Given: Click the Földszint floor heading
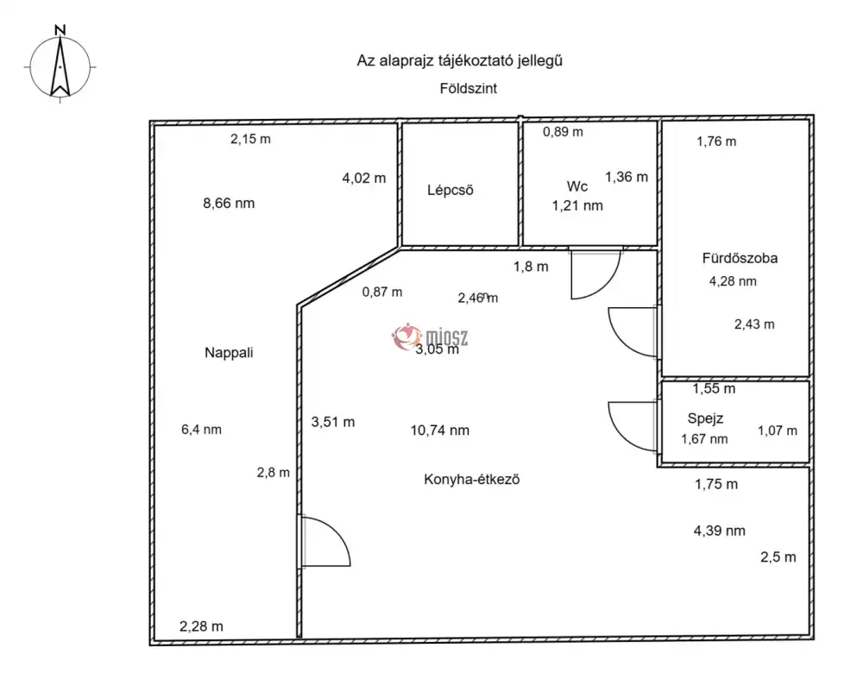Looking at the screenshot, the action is click(x=469, y=89).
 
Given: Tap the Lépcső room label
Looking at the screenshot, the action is click(x=450, y=191).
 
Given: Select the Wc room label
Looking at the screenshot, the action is click(x=576, y=186).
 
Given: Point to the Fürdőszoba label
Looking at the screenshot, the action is click(x=740, y=258).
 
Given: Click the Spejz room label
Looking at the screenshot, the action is click(x=705, y=418).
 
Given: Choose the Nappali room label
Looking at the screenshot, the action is click(x=229, y=353).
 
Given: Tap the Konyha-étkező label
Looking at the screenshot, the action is click(x=472, y=480).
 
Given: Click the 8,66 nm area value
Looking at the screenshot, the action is click(x=229, y=204).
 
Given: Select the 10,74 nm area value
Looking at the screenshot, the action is click(x=440, y=431).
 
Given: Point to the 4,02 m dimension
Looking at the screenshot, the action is click(x=364, y=179).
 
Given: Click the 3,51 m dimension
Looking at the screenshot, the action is click(x=333, y=422).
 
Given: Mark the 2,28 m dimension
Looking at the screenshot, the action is click(x=201, y=626).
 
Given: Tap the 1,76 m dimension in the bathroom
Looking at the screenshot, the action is click(x=716, y=142).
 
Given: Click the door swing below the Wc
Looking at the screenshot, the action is click(x=596, y=274).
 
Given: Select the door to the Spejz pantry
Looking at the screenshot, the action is click(x=633, y=426).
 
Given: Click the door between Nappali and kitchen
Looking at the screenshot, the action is click(x=324, y=541).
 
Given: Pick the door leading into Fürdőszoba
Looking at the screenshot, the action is click(x=633, y=332).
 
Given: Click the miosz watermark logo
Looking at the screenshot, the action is click(x=430, y=336).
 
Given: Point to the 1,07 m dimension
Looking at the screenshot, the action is click(x=778, y=431).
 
